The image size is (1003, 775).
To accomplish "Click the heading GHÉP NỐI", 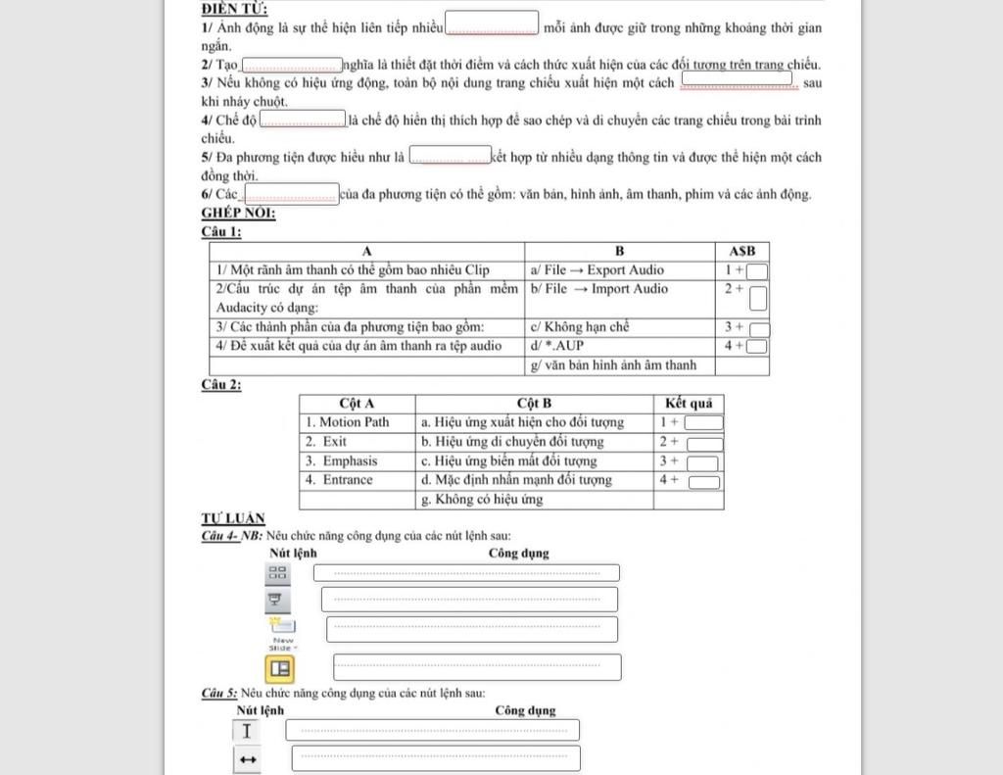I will tap(238, 213).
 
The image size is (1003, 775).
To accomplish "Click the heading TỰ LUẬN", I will tap(232, 518).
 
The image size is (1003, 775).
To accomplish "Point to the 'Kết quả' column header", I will tap(688, 403).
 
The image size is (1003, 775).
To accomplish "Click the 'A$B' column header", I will tap(741, 252).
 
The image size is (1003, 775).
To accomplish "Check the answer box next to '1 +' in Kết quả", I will tap(703, 423).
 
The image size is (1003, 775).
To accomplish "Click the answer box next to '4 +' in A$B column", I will tap(757, 346).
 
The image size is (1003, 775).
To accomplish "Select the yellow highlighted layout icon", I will tap(280, 668).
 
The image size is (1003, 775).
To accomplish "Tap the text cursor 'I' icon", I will tap(246, 731).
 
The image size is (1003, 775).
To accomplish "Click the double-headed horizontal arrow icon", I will tap(247, 759).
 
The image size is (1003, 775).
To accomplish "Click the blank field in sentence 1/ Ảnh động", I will tap(492, 23).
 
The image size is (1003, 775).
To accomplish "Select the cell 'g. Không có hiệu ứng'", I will tap(534, 500).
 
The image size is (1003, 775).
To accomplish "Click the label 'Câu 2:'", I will tap(220, 384).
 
